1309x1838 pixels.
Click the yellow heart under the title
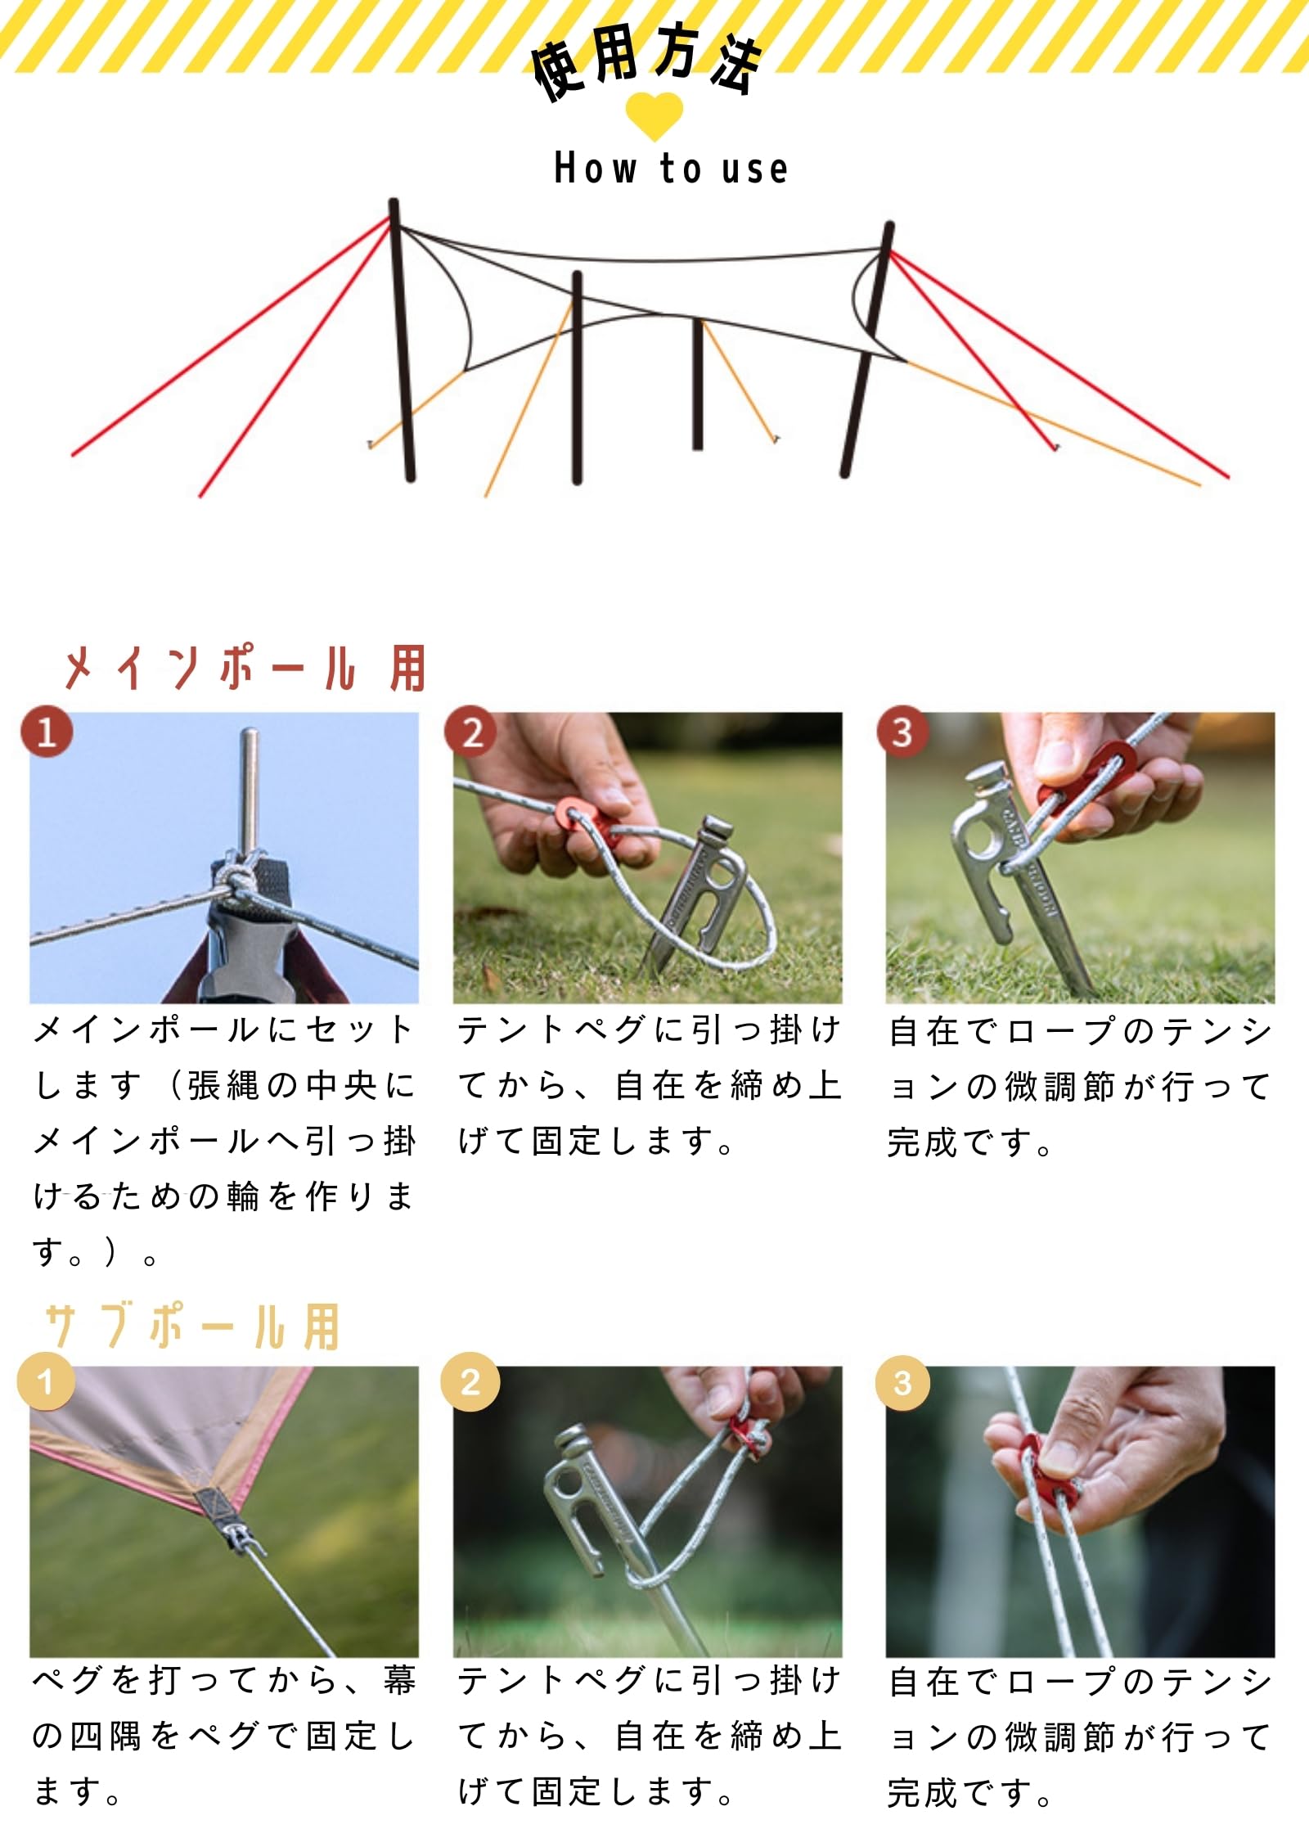coord(654,115)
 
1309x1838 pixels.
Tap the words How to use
coord(671,168)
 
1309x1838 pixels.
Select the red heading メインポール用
coord(244,669)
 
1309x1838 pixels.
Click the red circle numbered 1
coord(47,730)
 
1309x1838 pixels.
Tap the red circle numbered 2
coord(470,731)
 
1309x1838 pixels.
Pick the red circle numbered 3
coord(902,731)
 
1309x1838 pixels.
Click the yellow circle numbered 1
coord(46,1382)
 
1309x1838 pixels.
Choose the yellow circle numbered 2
coord(470,1382)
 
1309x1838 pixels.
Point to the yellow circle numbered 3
coord(902,1382)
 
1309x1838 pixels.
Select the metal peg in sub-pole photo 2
coord(622,1538)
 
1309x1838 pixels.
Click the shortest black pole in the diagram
coord(697,384)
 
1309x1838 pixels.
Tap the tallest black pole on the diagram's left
coord(402,340)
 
